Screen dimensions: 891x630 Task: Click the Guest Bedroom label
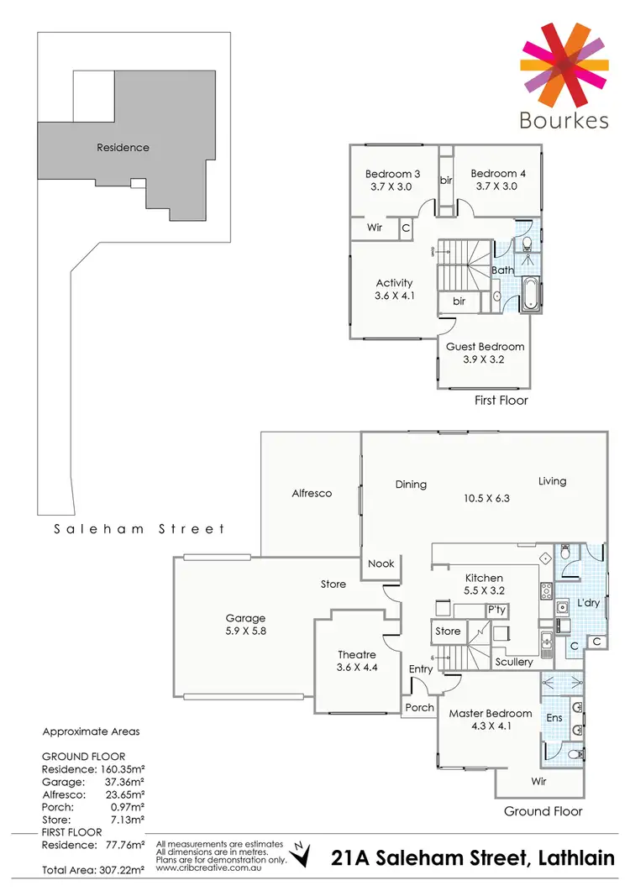point(485,347)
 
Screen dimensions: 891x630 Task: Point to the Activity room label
point(394,283)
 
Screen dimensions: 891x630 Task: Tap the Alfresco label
point(312,494)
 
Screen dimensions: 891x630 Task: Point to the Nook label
point(381,563)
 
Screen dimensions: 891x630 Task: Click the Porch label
point(420,707)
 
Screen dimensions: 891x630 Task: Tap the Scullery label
point(514,663)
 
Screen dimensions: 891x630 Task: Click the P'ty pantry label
point(496,610)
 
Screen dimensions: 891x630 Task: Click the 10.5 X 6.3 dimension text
point(486,498)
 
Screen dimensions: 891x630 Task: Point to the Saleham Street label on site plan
point(139,529)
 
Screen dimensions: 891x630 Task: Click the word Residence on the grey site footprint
point(123,148)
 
